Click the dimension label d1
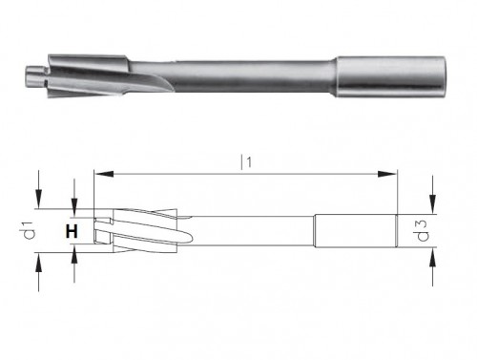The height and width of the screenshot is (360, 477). (30, 231)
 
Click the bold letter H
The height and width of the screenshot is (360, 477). (70, 231)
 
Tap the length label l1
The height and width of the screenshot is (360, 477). (246, 162)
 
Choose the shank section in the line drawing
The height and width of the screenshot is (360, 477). (356, 230)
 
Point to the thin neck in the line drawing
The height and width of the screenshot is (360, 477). (248, 230)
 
